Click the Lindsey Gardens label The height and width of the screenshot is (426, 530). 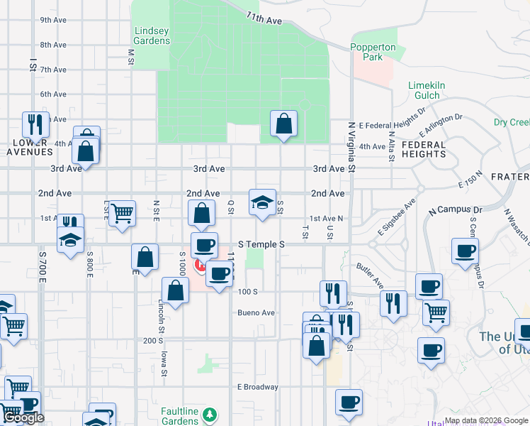[x=152, y=35]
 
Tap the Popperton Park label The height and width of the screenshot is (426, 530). [x=376, y=52]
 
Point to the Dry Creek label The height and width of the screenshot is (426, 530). [x=511, y=122]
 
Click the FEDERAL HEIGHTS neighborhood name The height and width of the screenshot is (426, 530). [x=424, y=149]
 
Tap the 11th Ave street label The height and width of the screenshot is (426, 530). [x=264, y=18]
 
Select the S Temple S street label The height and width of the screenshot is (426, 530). [x=261, y=244]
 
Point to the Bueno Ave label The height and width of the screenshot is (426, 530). [x=256, y=312]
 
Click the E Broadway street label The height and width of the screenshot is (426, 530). [x=257, y=387]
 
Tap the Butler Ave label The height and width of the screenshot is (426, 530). [x=370, y=275]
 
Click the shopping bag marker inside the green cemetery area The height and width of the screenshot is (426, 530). [x=283, y=124]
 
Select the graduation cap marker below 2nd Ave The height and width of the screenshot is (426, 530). [x=262, y=202]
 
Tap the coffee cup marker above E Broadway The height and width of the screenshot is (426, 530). [x=348, y=402]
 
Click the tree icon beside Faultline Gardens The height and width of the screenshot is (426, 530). [x=208, y=413]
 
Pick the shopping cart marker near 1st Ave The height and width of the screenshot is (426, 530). [x=122, y=213]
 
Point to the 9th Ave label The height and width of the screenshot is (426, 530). [x=53, y=20]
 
